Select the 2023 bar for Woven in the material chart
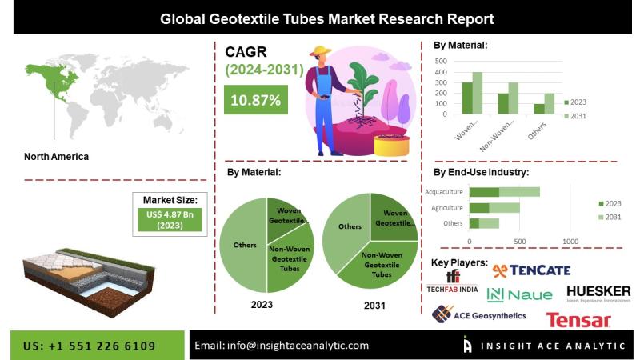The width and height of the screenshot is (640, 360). [466, 98]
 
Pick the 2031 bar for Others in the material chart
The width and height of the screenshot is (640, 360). [550, 103]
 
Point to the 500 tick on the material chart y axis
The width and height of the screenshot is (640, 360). [441, 60]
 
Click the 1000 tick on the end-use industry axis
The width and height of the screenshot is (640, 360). [570, 241]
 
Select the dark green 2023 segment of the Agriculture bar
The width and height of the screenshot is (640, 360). [478, 208]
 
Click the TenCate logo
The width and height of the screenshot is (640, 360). [531, 270]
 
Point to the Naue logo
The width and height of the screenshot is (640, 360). [519, 294]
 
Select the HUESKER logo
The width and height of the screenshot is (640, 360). [598, 293]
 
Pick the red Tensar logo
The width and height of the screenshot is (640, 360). [578, 320]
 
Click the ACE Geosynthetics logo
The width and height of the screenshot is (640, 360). [478, 314]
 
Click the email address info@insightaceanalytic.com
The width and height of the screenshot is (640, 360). [282, 346]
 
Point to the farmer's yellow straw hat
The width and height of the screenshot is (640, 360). [322, 52]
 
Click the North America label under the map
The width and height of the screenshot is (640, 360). [56, 157]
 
